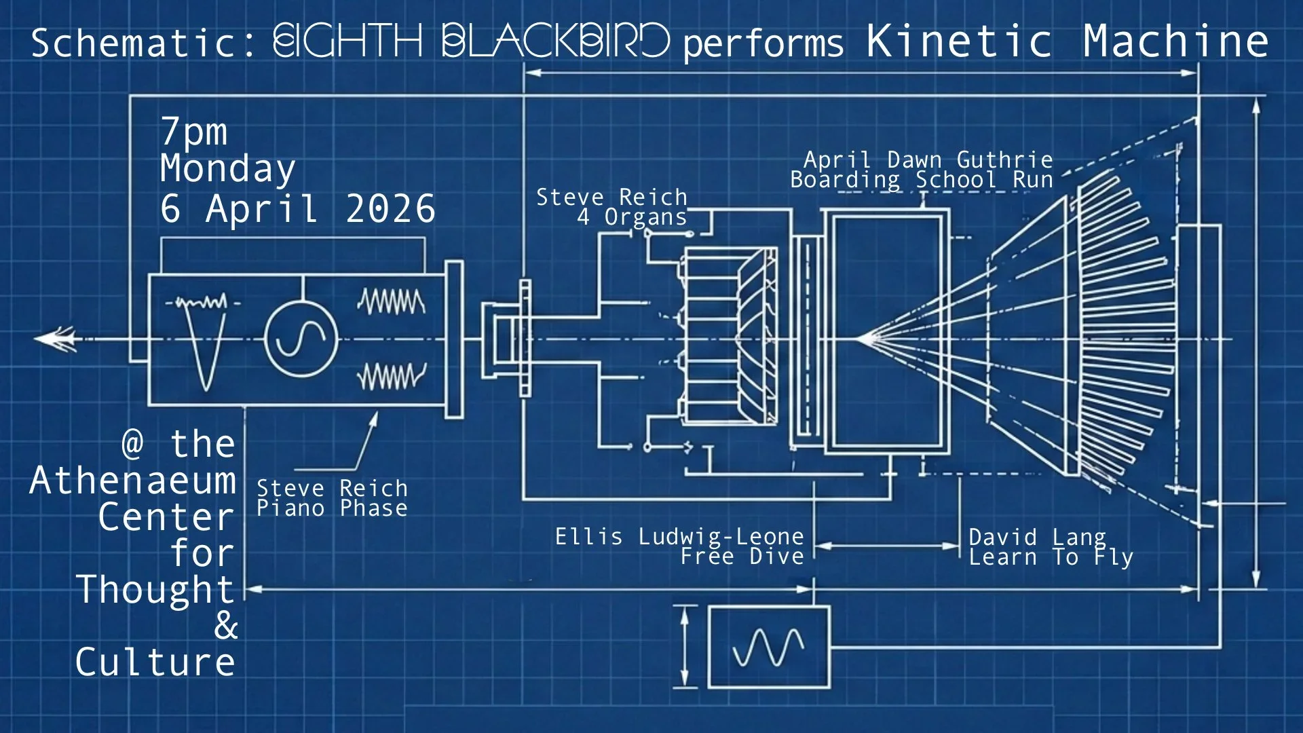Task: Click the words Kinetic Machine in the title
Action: (1067, 41)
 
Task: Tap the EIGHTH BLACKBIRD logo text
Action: (471, 41)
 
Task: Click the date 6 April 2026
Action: (297, 208)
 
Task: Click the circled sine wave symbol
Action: (301, 339)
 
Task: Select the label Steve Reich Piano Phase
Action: (332, 498)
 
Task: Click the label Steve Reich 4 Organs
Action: (611, 207)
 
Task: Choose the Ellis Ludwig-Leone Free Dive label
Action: (679, 546)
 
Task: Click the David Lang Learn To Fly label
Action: (1051, 547)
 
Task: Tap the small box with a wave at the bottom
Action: (769, 647)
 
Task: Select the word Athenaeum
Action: (133, 481)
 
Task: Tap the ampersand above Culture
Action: (226, 626)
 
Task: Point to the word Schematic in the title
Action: (134, 43)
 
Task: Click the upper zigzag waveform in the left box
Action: (392, 302)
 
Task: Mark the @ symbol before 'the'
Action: (133, 444)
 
